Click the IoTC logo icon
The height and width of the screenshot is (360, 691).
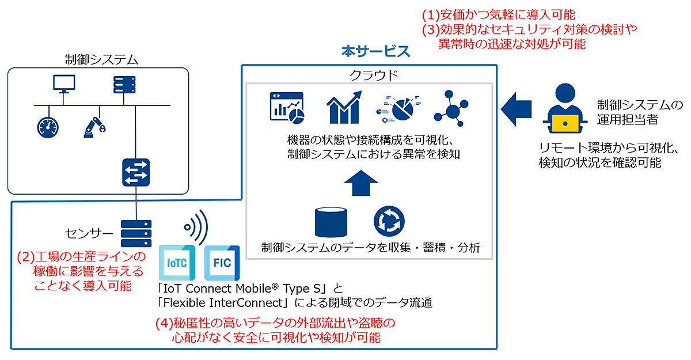point(177,263)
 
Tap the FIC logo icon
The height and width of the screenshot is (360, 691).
point(222,263)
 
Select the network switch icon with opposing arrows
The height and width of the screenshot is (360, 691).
point(136,172)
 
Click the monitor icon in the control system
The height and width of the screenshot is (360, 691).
point(64,84)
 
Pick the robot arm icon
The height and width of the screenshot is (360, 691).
point(94,127)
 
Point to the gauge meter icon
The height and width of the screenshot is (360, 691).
point(48,127)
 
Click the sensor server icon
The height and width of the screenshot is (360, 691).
point(136,233)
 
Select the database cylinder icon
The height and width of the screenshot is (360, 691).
point(331,222)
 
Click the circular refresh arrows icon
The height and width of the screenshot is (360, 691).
point(389,222)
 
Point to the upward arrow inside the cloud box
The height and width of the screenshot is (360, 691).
point(361,183)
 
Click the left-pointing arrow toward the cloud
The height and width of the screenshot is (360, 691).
point(516,109)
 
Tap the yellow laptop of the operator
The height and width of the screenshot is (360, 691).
point(565,123)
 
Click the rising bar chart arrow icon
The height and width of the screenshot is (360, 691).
point(344,107)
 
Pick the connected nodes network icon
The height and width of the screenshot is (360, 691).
point(451,108)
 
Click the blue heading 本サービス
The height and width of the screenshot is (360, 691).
point(375,51)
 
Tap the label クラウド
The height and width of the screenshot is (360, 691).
point(374,75)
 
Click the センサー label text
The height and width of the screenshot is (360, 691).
point(89,233)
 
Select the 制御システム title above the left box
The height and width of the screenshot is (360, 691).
point(101,59)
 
